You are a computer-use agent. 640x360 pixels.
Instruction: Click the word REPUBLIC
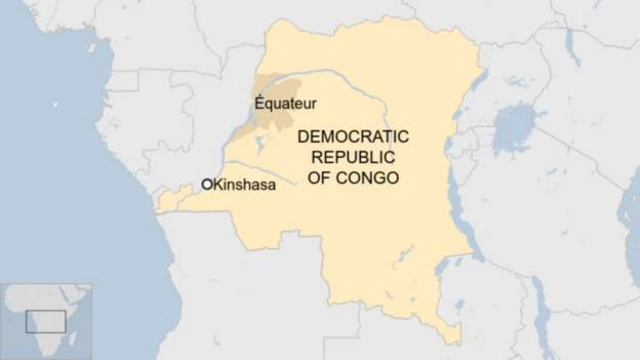354,158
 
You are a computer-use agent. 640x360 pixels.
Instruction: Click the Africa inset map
46,320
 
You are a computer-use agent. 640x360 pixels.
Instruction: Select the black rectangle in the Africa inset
46,321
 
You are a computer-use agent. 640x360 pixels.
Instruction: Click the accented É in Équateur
260,101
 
